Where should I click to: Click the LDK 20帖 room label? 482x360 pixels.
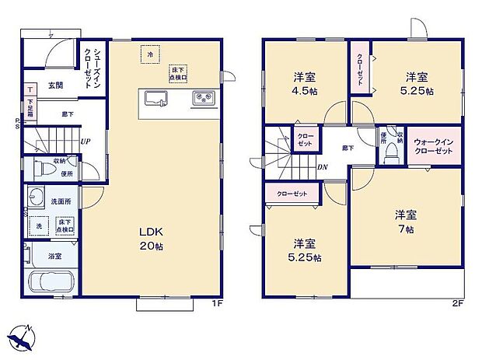[x=151, y=239]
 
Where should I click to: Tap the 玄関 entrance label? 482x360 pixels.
[x=55, y=85]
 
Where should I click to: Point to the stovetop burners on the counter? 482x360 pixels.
[x=203, y=98]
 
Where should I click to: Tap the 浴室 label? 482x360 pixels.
[x=54, y=256]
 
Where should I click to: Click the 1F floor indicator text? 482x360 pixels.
[x=219, y=304]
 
